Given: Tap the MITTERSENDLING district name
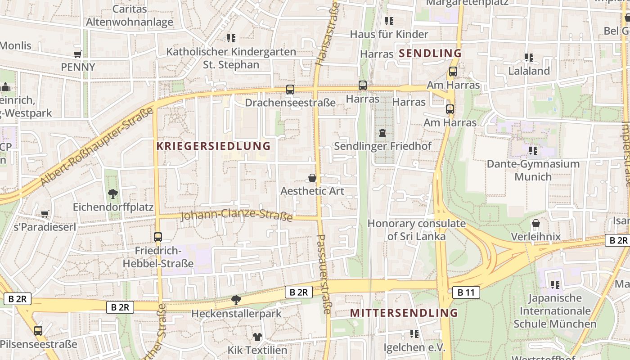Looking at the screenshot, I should pyautogui.click(x=404, y=313).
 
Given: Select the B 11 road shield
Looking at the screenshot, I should pyautogui.click(x=466, y=292).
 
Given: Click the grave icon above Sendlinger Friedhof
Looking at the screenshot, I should pyautogui.click(x=382, y=133).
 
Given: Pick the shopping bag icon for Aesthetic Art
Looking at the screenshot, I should pyautogui.click(x=312, y=178).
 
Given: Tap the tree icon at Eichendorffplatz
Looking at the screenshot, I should pyautogui.click(x=112, y=194).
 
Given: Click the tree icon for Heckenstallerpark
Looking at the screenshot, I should pyautogui.click(x=236, y=300).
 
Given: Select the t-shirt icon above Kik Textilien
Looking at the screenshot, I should pyautogui.click(x=257, y=337).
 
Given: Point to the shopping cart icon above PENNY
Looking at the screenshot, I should pyautogui.click(x=78, y=54).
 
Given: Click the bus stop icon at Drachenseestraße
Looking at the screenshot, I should pyautogui.click(x=290, y=90).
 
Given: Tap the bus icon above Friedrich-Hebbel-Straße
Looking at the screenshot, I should pyautogui.click(x=157, y=237).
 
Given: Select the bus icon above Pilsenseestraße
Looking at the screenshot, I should pyautogui.click(x=38, y=331).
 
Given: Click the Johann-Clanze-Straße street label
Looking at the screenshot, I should pyautogui.click(x=237, y=215).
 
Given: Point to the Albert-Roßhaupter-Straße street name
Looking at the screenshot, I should pyautogui.click(x=97, y=148).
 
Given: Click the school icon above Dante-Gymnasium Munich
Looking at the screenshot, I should pyautogui.click(x=533, y=151).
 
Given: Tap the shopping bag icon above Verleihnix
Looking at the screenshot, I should pyautogui.click(x=536, y=224).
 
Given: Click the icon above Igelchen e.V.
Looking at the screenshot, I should pyautogui.click(x=414, y=334).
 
